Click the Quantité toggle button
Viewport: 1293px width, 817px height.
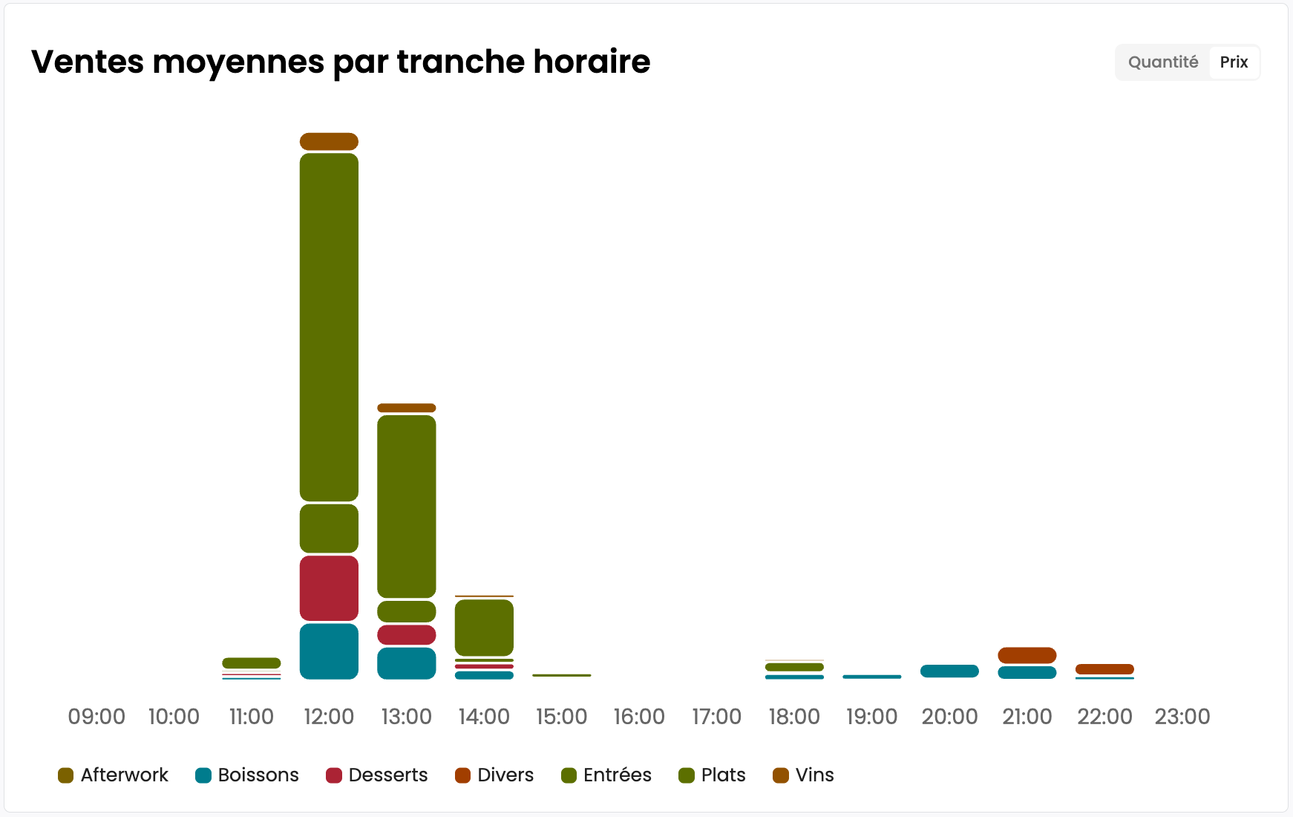[x=1162, y=62]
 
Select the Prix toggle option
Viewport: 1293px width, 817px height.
[x=1234, y=62]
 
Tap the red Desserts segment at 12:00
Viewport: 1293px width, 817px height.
[x=329, y=588]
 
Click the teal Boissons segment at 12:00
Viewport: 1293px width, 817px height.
[x=329, y=651]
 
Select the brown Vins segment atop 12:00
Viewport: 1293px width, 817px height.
[x=329, y=142]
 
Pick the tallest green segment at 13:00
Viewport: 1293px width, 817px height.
[x=406, y=507]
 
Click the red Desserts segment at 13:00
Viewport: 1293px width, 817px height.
[x=406, y=635]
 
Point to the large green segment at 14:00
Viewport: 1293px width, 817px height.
[x=484, y=628]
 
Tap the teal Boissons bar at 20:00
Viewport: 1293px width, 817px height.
[x=949, y=671]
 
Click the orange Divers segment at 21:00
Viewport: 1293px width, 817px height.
[x=1027, y=655]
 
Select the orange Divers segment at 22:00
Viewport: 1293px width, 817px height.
[x=1104, y=669]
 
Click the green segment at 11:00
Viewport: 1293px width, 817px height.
[x=252, y=663]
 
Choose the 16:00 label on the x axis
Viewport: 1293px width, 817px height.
[x=639, y=717]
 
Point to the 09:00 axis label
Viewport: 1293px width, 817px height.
[x=96, y=717]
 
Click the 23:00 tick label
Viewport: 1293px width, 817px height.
[x=1182, y=717]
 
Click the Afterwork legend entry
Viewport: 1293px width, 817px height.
[x=114, y=775]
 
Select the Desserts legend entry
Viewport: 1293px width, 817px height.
[x=377, y=775]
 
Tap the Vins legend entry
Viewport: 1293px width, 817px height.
[x=804, y=775]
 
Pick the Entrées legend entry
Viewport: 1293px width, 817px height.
[x=606, y=775]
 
